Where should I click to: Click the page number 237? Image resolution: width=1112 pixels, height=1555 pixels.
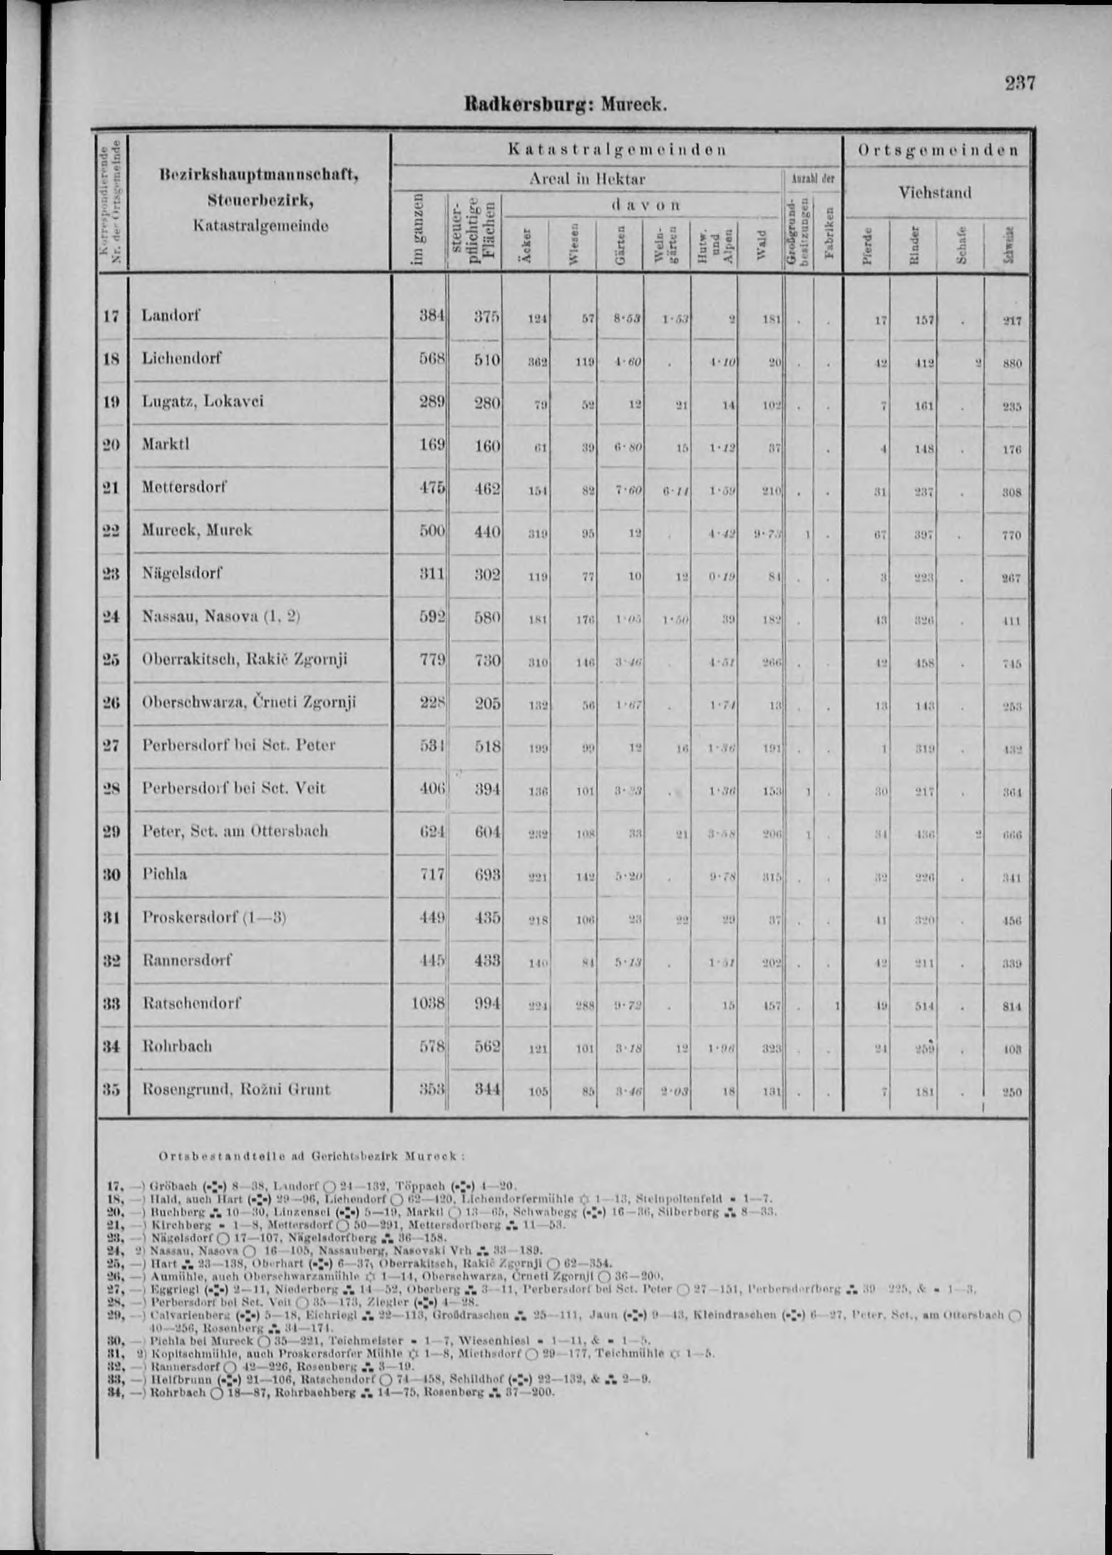click(x=1019, y=83)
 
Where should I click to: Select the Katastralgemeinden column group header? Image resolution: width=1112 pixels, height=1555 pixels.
click(x=617, y=150)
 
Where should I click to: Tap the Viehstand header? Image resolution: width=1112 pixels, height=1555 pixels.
click(x=936, y=193)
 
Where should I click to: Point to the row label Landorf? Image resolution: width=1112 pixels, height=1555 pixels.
click(x=172, y=315)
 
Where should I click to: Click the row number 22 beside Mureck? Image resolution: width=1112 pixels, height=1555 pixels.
click(x=112, y=530)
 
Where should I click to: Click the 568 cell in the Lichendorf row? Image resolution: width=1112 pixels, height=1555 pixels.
click(x=433, y=359)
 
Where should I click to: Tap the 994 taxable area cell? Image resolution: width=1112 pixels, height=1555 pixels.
click(x=488, y=1004)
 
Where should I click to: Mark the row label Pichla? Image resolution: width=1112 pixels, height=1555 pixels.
click(x=165, y=874)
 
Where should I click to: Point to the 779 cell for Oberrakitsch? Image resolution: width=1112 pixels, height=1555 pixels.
click(x=433, y=660)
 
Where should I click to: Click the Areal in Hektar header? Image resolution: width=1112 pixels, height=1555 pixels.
click(x=587, y=179)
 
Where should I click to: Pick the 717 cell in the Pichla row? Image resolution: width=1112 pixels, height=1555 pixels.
click(x=433, y=874)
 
